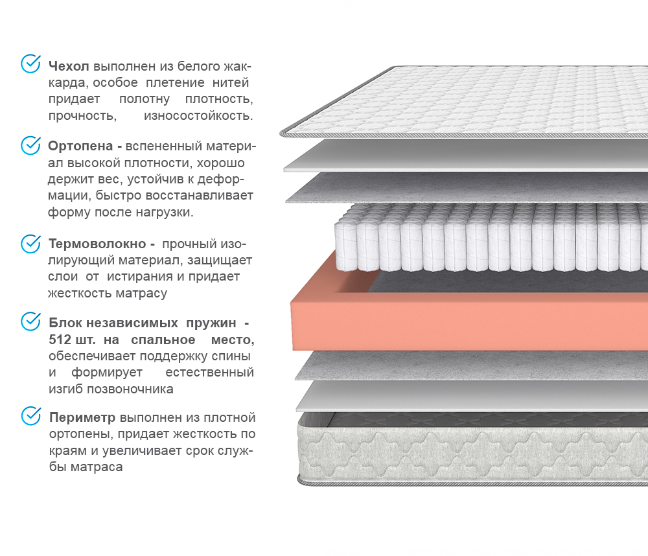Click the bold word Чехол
pos(69,66)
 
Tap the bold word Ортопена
pos(80,146)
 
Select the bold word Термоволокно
pos(97,244)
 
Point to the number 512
pos(60,340)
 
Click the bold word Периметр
pos(82,418)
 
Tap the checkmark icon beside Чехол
pos(30,64)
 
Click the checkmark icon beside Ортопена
pos(30,146)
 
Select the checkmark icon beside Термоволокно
pos(30,244)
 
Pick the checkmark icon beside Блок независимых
pos(30,321)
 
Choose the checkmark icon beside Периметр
pos(30,416)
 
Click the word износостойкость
pos(198,116)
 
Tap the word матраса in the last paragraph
pos(97,467)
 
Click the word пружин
pos(211,323)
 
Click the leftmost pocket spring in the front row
pos(345,247)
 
